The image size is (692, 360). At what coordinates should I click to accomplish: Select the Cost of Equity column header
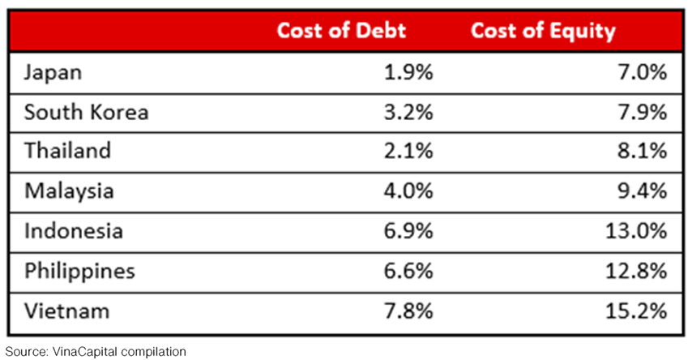tap(543, 32)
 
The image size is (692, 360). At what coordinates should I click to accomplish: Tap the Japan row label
tap(53, 72)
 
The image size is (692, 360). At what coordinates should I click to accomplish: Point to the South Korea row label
tap(86, 112)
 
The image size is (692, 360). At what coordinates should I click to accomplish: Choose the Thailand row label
tap(67, 152)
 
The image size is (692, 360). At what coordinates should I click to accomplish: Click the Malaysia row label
tap(68, 191)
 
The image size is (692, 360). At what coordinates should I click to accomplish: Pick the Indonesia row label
tap(73, 231)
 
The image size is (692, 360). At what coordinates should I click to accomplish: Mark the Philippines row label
tap(79, 271)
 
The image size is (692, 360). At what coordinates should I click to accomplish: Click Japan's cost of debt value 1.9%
tap(409, 72)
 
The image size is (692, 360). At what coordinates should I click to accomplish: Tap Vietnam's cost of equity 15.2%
tap(635, 311)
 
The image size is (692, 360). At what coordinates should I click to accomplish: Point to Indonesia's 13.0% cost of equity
tap(635, 231)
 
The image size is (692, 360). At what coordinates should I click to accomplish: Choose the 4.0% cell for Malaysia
tap(409, 191)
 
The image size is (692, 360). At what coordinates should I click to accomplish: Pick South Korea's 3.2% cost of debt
tap(409, 112)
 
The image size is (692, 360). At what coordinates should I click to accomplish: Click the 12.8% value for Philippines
tap(635, 271)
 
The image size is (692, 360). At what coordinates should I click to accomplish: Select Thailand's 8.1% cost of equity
tap(642, 152)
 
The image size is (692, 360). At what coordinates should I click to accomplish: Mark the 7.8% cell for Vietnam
tap(409, 311)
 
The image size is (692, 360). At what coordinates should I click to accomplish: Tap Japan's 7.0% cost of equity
tap(642, 72)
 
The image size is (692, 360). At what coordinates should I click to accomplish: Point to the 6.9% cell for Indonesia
tap(409, 231)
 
